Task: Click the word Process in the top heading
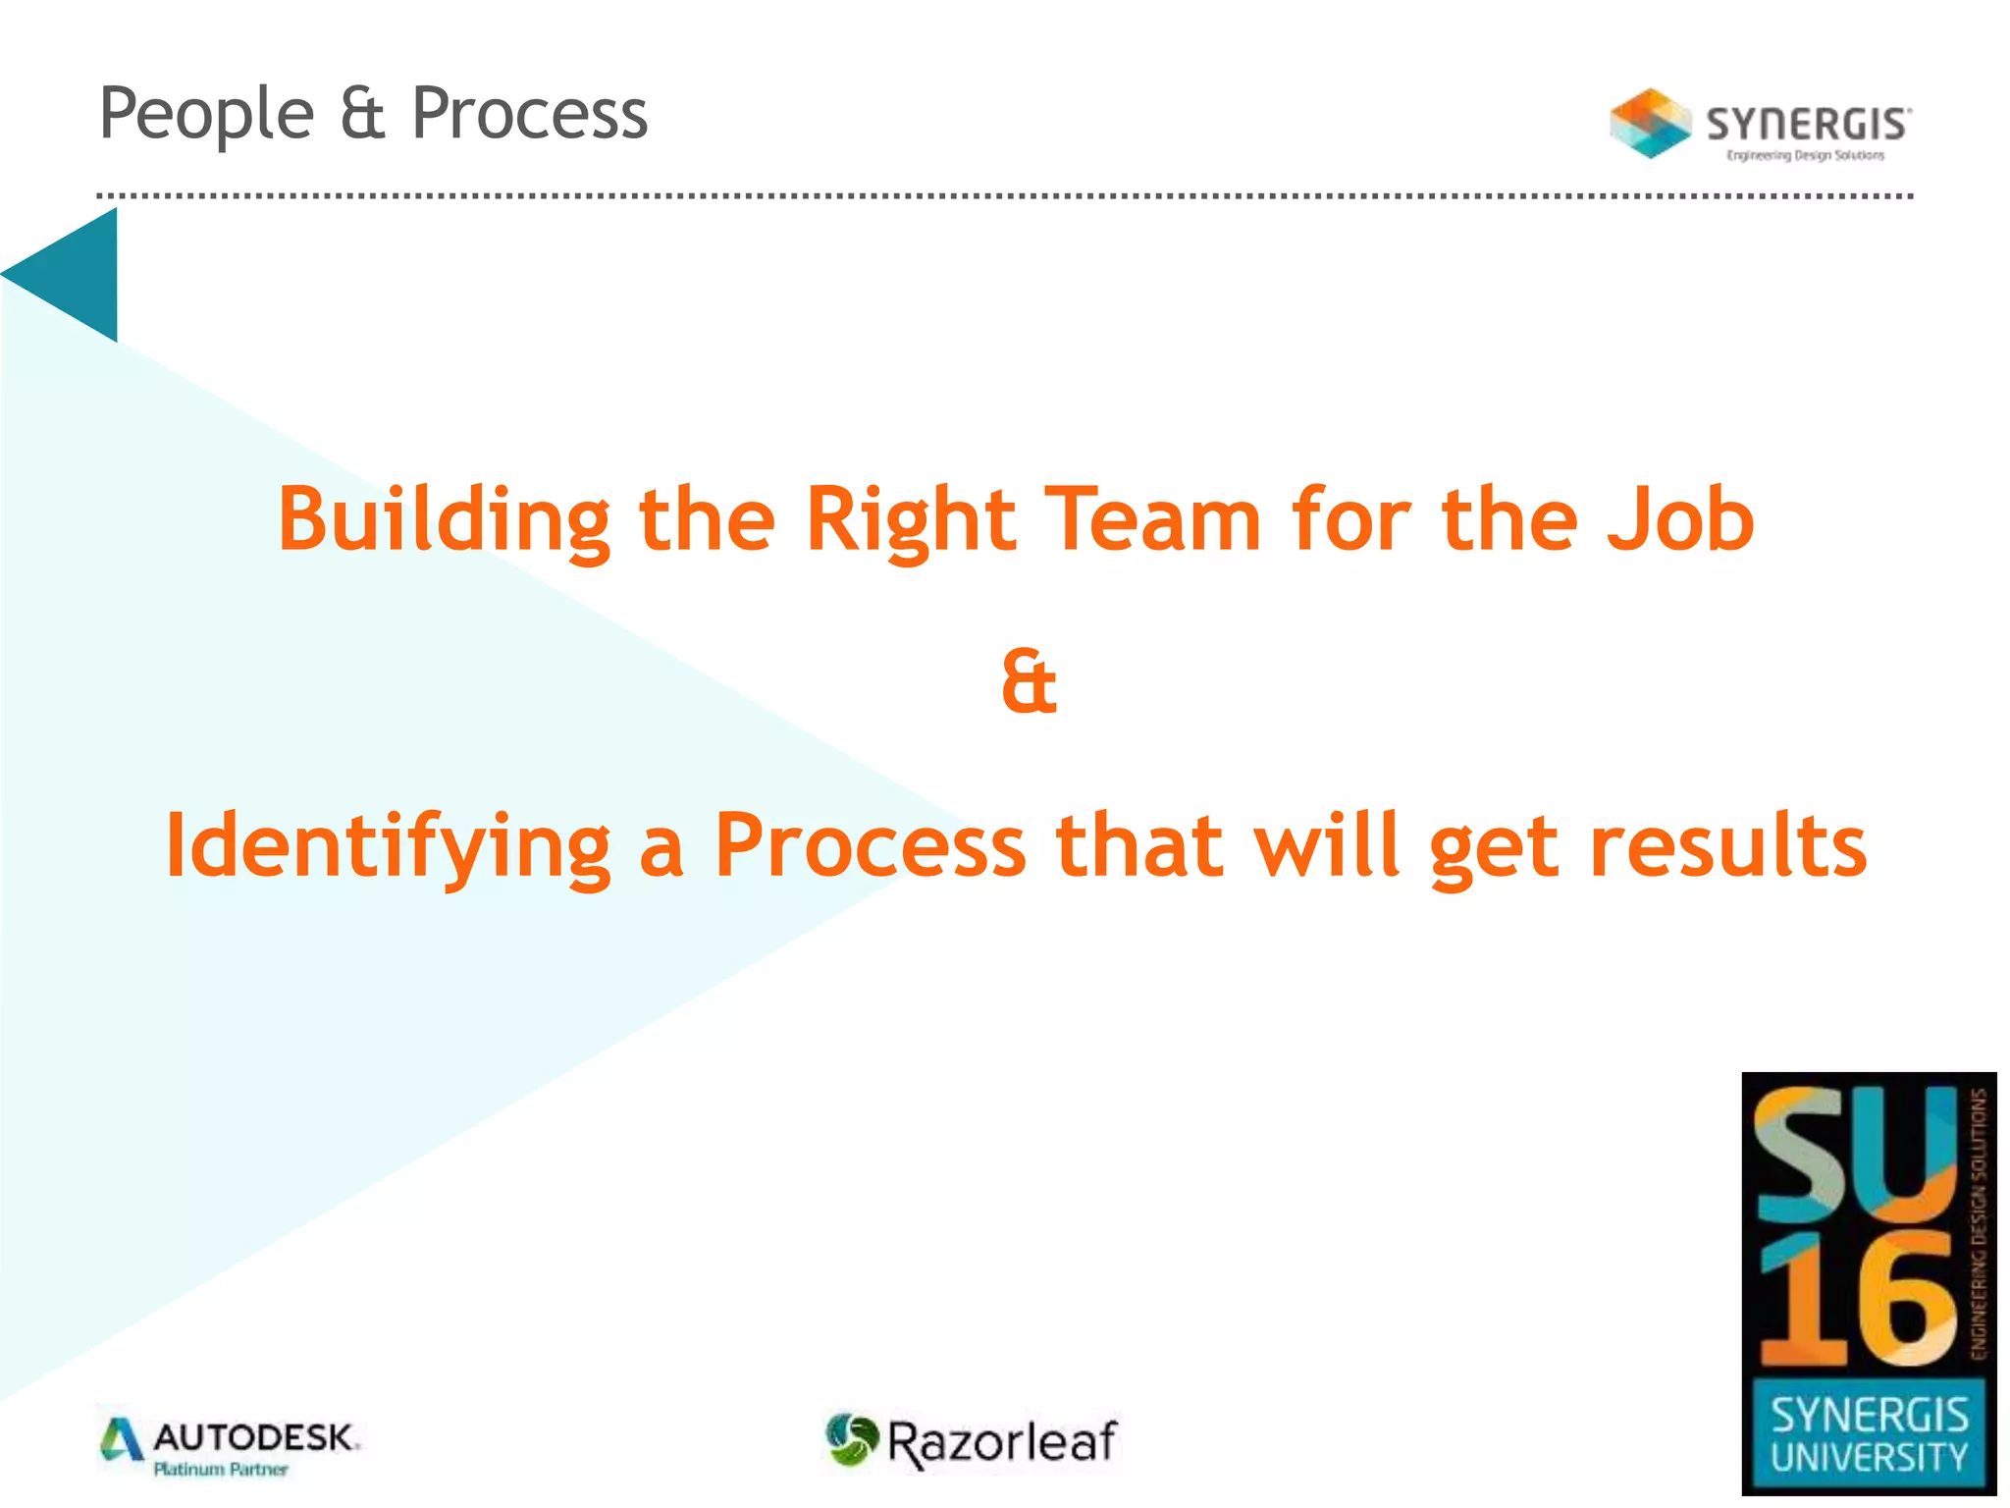coord(529,114)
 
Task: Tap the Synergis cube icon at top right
coord(1650,124)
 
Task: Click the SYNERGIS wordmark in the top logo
coord(1808,125)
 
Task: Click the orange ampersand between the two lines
coord(1029,682)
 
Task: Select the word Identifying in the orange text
coord(388,846)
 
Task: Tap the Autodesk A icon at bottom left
coord(122,1439)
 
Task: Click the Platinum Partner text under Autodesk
coord(221,1470)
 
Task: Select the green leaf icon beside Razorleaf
coord(850,1439)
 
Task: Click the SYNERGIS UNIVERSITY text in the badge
coord(1869,1435)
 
